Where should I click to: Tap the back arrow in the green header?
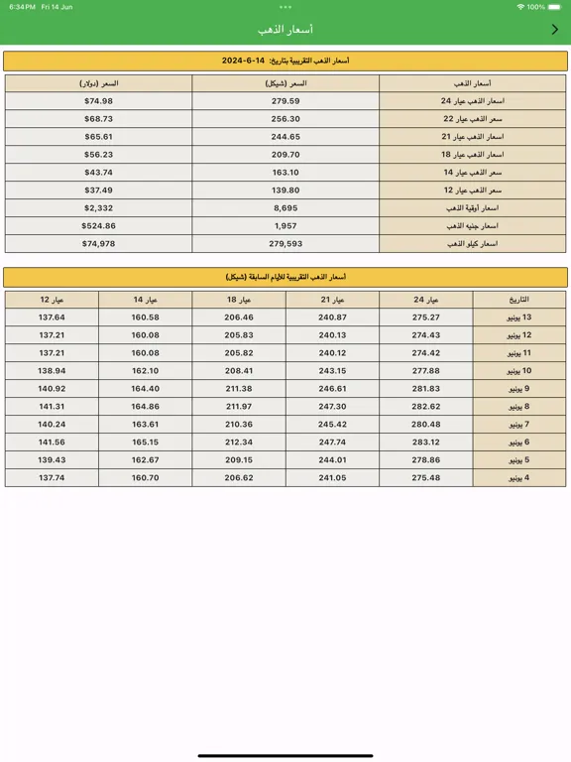click(x=554, y=30)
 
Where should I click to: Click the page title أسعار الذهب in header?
click(x=285, y=30)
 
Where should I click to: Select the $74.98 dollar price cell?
click(x=98, y=101)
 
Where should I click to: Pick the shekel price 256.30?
click(x=285, y=119)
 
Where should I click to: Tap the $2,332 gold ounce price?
click(x=98, y=208)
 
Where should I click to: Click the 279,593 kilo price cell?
click(x=285, y=244)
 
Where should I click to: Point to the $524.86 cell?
click(x=98, y=226)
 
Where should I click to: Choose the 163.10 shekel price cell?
click(x=285, y=173)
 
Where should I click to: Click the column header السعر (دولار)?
click(x=98, y=83)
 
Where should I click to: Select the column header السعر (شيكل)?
click(x=285, y=83)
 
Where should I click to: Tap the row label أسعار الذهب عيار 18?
click(x=472, y=155)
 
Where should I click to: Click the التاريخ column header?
click(x=519, y=300)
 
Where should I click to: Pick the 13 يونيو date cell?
click(x=519, y=317)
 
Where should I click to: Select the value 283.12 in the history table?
click(x=425, y=443)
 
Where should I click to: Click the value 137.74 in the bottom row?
click(x=52, y=478)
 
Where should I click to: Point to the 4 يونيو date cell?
click(x=519, y=478)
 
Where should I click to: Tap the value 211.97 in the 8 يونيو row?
click(x=239, y=407)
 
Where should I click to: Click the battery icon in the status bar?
click(x=554, y=7)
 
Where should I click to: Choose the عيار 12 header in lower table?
click(x=52, y=300)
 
